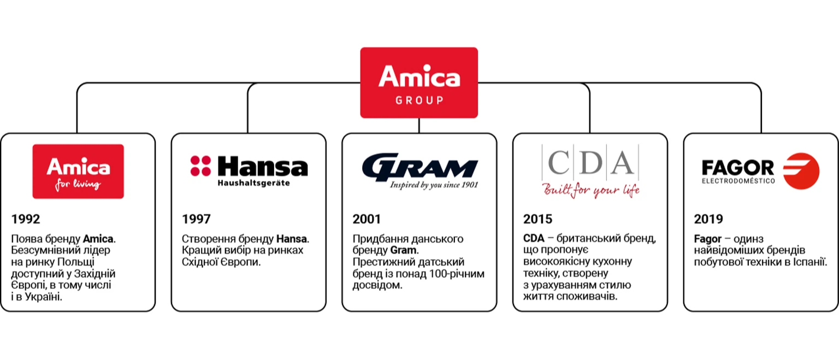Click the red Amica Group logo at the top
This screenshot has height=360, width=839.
coord(419,82)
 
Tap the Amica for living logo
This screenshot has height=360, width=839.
coord(78,171)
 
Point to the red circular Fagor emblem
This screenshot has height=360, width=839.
coord(801,171)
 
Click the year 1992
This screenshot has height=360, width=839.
coord(26,220)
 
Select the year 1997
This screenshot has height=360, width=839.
coord(196,220)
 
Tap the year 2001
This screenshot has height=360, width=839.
coord(367,220)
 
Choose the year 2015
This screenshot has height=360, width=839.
coord(537,220)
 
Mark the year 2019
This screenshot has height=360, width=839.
coord(708,220)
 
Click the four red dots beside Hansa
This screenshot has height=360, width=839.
coord(200,166)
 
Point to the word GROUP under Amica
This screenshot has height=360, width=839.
coord(419,101)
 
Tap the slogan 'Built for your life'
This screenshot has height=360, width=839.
coord(590,190)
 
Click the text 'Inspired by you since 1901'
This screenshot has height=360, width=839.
coord(434,185)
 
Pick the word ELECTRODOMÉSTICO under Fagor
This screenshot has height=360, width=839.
coord(738,180)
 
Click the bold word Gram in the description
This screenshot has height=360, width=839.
coord(403,250)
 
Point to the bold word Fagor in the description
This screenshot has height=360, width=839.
coord(708,239)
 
